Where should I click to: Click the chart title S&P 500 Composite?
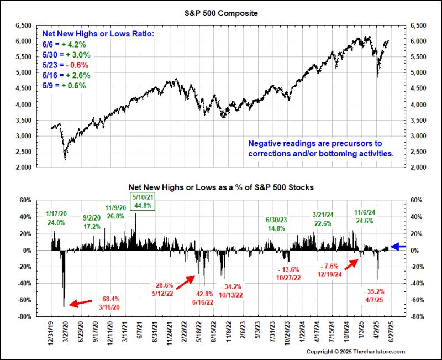click(x=221, y=12)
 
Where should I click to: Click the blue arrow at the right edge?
click(x=398, y=246)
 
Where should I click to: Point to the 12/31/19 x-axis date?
click(x=52, y=333)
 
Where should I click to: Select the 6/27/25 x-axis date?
click(x=392, y=333)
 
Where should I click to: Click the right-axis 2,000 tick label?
click(x=415, y=168)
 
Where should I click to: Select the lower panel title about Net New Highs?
click(x=221, y=187)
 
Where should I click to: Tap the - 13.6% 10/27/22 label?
click(x=288, y=274)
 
